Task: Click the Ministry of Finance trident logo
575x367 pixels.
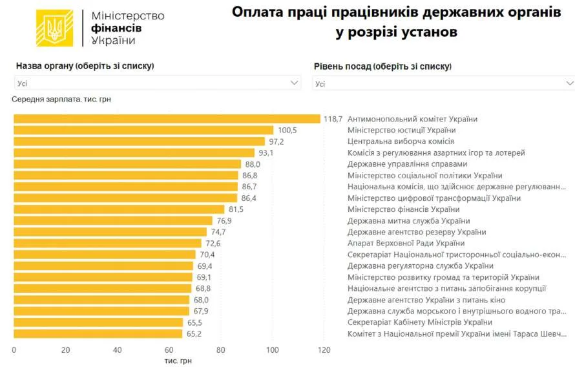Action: (54, 28)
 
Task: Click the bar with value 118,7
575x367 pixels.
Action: (167, 119)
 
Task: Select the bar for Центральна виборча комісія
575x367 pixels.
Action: (140, 142)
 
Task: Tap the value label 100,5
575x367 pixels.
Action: (287, 130)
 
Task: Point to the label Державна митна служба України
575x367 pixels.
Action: (408, 221)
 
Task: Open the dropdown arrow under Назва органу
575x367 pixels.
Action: (294, 83)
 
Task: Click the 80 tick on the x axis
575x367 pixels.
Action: (220, 350)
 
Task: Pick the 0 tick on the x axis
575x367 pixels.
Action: (14, 350)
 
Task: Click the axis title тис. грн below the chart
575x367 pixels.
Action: (178, 361)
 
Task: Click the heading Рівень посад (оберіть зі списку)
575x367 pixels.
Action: (382, 67)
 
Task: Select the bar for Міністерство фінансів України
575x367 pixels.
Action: (119, 209)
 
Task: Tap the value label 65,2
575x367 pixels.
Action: (194, 333)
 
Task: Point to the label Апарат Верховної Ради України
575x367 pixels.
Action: (406, 243)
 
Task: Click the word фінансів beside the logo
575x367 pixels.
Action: (116, 28)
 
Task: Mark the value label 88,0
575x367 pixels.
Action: (253, 164)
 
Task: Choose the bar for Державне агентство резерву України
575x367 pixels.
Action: (110, 232)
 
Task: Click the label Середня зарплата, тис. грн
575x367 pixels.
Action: (61, 100)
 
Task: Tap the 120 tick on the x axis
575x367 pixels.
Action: (324, 350)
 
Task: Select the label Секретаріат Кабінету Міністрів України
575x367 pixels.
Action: (420, 322)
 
